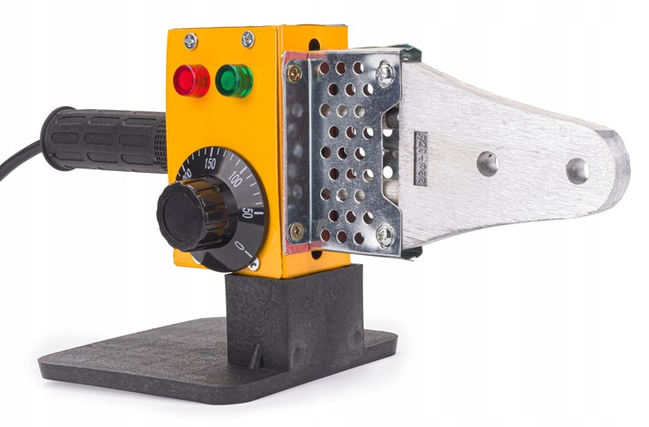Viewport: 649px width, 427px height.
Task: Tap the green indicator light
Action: coord(233,80)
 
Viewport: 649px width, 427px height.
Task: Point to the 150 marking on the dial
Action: coord(210,164)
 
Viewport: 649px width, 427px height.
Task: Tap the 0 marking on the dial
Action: coord(240,245)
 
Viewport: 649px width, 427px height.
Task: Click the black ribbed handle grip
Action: coord(104,140)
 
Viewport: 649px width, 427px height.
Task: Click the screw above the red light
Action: coord(190,41)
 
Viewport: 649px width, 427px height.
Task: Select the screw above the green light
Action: coord(247,40)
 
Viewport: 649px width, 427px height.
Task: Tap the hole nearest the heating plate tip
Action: coord(577,170)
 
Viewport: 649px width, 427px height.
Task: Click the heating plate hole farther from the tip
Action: coord(488,163)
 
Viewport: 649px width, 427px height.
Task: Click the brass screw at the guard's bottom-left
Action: coord(296,231)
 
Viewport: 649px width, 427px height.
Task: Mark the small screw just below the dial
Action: coord(254,265)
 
